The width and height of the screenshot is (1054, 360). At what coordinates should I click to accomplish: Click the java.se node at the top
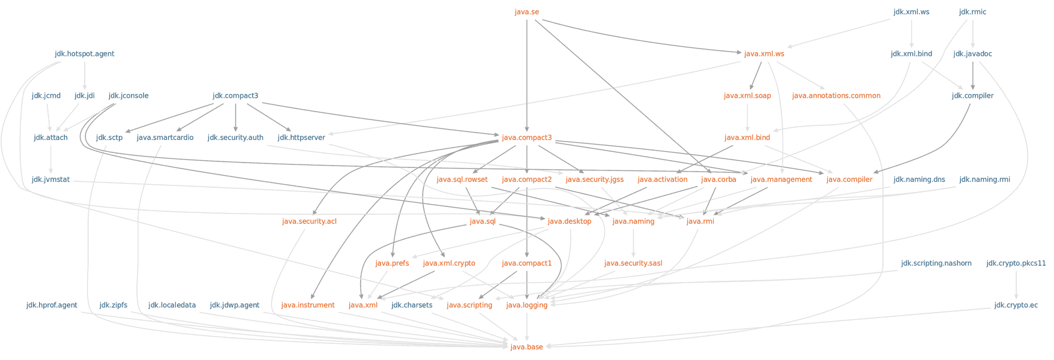click(526, 12)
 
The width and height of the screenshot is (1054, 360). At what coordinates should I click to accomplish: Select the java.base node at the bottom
click(526, 347)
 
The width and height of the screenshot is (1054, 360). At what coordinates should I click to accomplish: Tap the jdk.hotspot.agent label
click(85, 54)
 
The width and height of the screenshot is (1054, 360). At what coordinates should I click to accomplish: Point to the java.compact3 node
click(526, 137)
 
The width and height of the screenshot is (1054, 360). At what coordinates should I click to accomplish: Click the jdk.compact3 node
click(235, 96)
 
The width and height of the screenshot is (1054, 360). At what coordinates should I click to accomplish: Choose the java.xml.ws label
click(764, 54)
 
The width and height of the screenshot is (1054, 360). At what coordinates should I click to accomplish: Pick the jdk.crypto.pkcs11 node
click(1016, 263)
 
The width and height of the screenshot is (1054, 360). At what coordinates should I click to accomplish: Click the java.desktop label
click(570, 221)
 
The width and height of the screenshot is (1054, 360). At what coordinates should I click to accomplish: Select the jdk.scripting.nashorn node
click(936, 263)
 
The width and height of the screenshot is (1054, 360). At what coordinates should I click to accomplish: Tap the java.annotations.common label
click(836, 96)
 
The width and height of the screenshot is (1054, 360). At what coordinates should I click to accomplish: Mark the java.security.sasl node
click(633, 263)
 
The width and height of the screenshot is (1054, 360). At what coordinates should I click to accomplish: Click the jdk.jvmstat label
click(51, 179)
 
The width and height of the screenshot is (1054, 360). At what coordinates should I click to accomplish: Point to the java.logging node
click(526, 305)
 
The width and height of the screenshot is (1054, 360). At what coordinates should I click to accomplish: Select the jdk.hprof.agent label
click(52, 305)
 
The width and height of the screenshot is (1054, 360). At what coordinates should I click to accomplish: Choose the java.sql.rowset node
click(462, 179)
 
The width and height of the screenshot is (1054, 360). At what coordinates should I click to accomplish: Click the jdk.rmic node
click(972, 12)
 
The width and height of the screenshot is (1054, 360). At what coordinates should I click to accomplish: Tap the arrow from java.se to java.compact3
click(526, 76)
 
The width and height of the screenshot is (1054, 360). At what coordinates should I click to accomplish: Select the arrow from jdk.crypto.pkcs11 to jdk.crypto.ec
click(1016, 285)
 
